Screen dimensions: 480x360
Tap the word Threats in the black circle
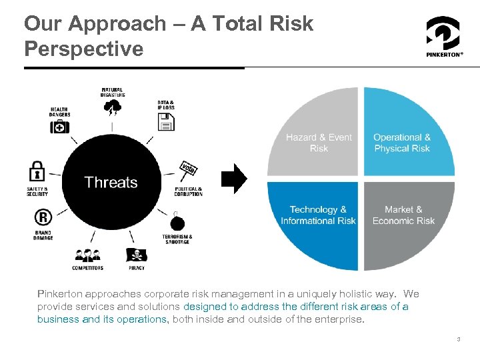pyautogui.click(x=111, y=183)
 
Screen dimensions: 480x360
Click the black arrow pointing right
pyautogui.click(x=234, y=179)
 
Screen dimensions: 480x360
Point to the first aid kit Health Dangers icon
pyautogui.click(x=60, y=126)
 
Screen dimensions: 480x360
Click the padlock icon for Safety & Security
pyautogui.click(x=37, y=172)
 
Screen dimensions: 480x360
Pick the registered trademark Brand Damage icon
pyautogui.click(x=43, y=218)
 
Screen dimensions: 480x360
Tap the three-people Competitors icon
pyautogui.click(x=87, y=255)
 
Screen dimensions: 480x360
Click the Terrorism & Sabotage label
pyautogui.click(x=177, y=239)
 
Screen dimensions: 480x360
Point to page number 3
pyautogui.click(x=459, y=339)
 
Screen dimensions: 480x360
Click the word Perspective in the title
pyautogui.click(x=83, y=49)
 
